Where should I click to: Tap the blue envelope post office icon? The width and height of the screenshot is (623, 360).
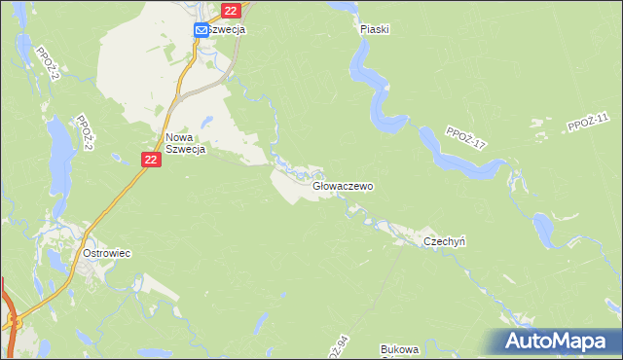tap(201, 30)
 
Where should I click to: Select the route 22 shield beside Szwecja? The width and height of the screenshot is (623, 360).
tap(230, 11)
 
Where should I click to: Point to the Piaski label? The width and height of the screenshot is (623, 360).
tap(374, 29)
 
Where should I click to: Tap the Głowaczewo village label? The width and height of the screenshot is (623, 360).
tap(344, 185)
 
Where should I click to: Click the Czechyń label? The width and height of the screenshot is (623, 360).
tap(445, 241)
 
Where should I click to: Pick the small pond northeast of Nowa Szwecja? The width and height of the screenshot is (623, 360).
tap(206, 123)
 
